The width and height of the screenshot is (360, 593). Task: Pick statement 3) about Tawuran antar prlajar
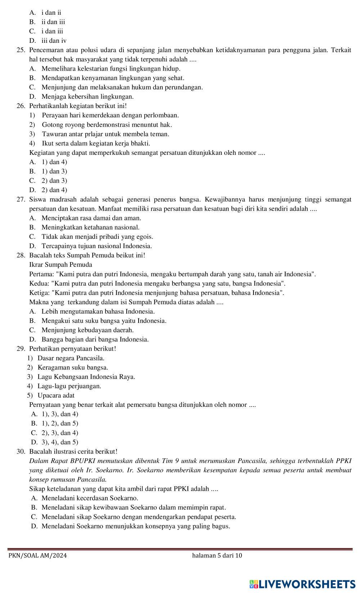(x=105, y=134)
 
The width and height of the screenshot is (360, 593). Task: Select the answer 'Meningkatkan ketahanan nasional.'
(x=90, y=227)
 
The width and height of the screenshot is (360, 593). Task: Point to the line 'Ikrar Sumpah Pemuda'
(x=60, y=265)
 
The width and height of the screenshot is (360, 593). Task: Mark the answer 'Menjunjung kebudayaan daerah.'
(x=87, y=330)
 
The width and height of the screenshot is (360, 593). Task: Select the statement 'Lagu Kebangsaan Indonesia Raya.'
(x=86, y=377)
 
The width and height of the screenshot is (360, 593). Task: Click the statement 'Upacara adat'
(x=56, y=395)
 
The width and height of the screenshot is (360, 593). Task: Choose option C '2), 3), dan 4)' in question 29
(x=60, y=433)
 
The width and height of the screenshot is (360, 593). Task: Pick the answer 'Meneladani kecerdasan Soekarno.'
(x=90, y=498)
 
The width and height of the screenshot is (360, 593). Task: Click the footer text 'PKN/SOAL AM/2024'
(x=37, y=555)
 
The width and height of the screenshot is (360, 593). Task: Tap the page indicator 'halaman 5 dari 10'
(x=217, y=555)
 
